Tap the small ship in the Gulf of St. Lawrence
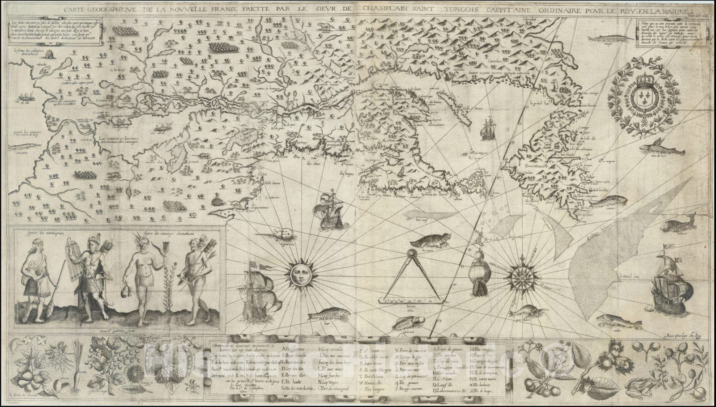coord(487,129)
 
